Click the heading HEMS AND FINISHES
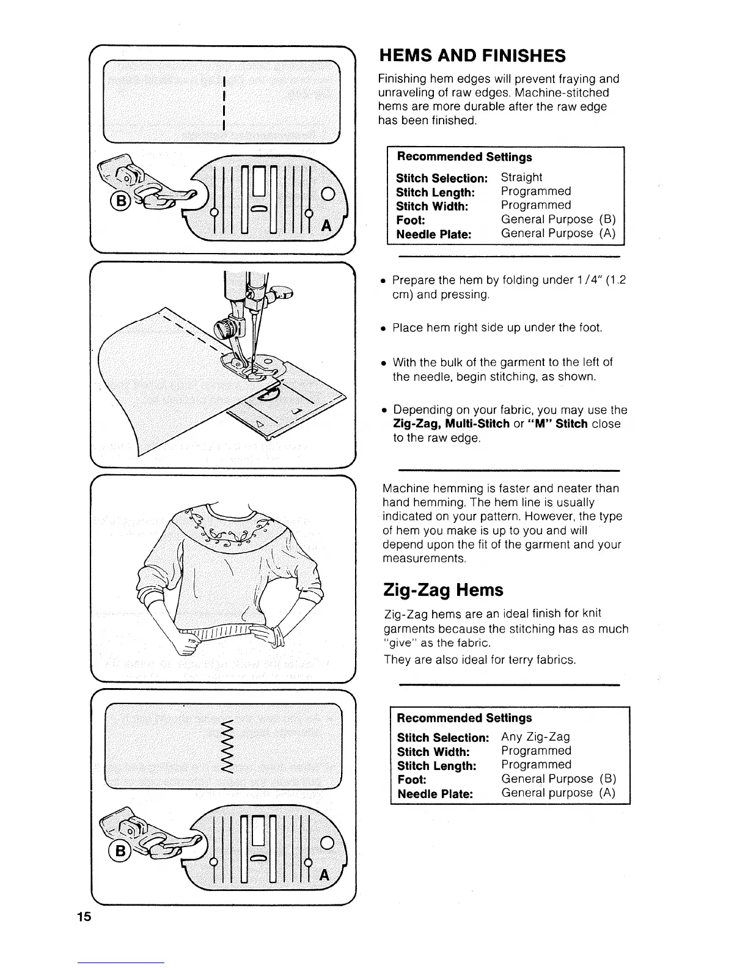coord(472,56)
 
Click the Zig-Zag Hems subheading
coord(443,590)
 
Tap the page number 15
coord(84,916)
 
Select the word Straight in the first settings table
coord(521,177)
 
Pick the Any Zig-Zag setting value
coord(535,737)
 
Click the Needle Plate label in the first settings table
coord(434,234)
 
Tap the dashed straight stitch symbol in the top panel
coord(226,102)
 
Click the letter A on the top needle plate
coord(326,225)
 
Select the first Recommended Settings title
coord(464,157)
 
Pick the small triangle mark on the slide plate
coord(259,423)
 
